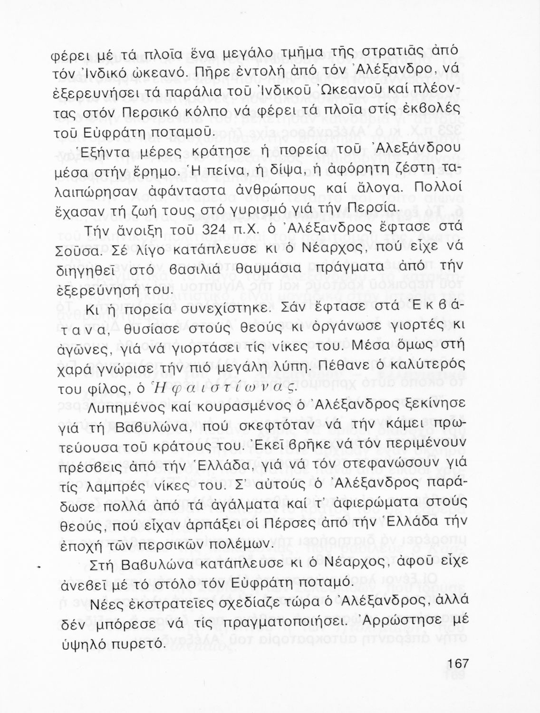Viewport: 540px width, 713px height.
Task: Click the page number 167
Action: click(x=458, y=664)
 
